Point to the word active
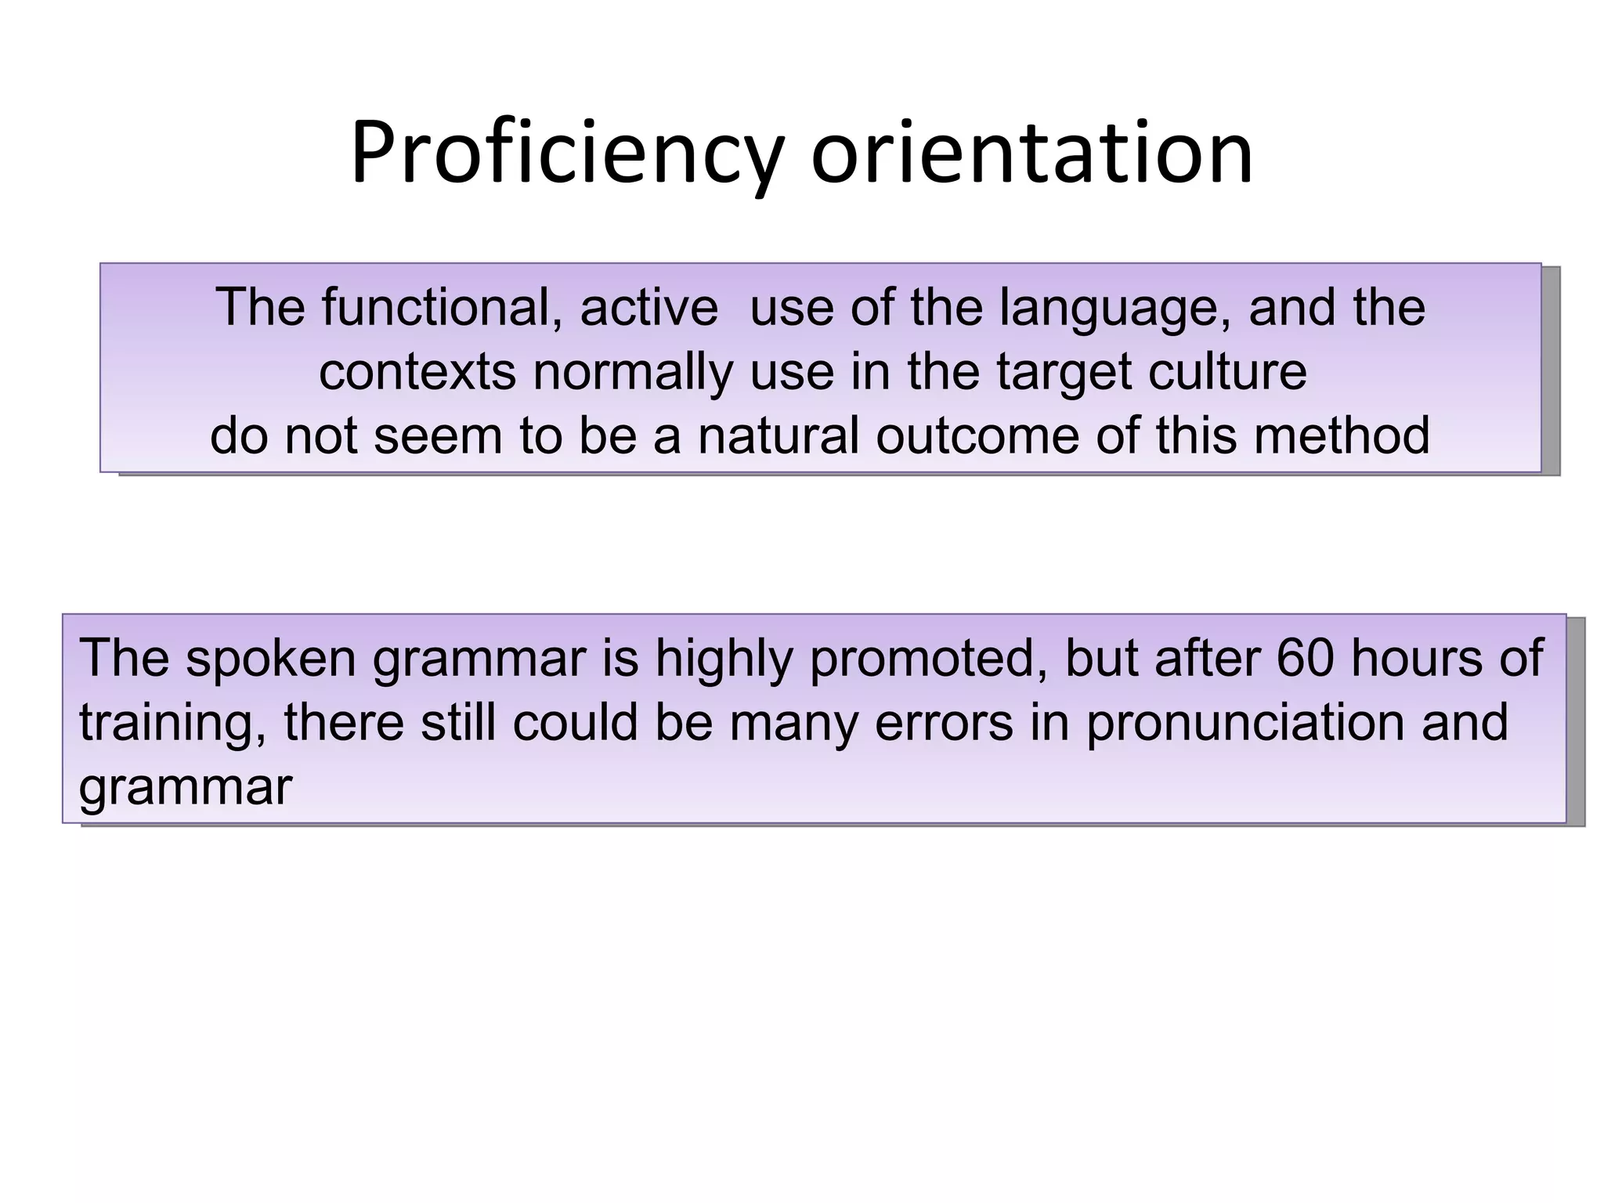point(648,307)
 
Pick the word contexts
point(417,372)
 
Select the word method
point(1341,435)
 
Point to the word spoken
point(271,659)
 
